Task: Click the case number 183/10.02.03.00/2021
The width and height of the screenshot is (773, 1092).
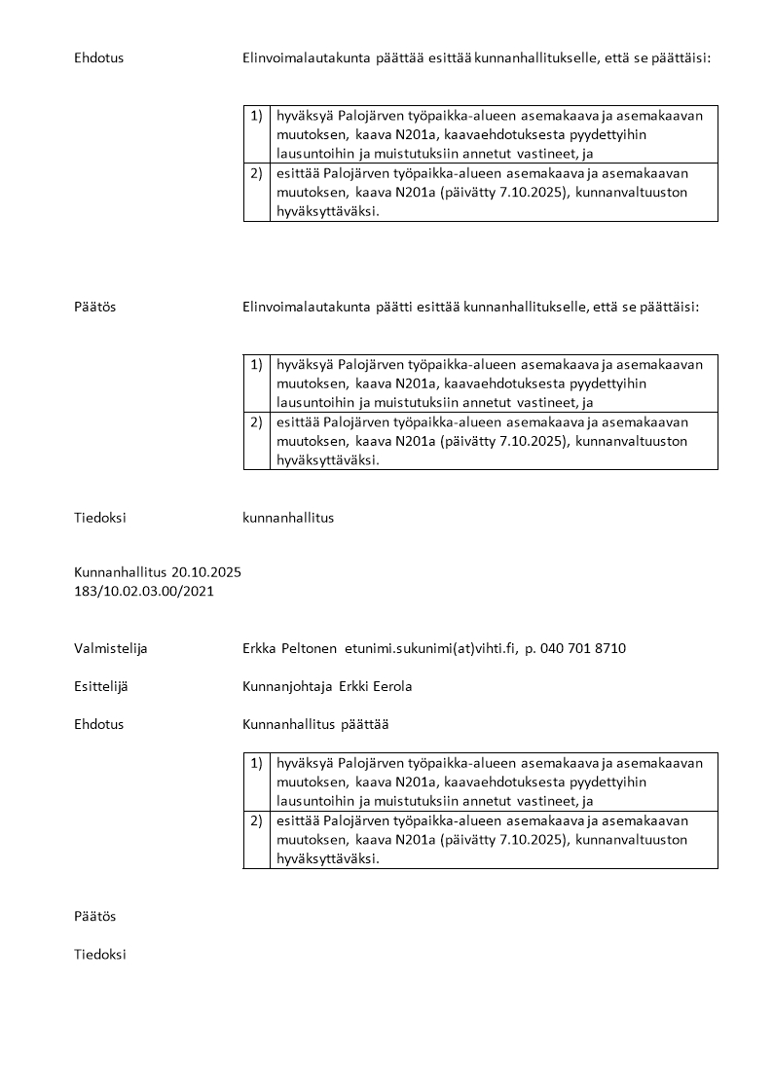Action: tap(144, 590)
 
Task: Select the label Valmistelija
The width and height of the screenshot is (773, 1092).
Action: tap(110, 648)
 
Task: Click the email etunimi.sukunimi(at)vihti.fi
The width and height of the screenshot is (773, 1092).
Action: tap(430, 648)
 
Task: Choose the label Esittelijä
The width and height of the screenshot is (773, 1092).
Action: tap(100, 686)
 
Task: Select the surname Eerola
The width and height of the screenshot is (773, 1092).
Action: tap(391, 686)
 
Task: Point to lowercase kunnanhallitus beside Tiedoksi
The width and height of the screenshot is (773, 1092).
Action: tap(288, 518)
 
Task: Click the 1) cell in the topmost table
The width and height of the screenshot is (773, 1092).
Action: tap(256, 116)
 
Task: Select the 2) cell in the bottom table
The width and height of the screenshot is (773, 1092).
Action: tap(256, 820)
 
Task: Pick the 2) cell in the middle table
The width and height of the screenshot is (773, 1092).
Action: tap(256, 422)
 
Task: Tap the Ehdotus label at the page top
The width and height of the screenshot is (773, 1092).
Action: tap(98, 58)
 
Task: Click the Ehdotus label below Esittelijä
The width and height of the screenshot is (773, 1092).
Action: tap(98, 724)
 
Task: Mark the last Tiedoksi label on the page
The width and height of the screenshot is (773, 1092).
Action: tap(99, 955)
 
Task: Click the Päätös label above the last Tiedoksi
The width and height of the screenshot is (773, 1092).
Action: tap(94, 917)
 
